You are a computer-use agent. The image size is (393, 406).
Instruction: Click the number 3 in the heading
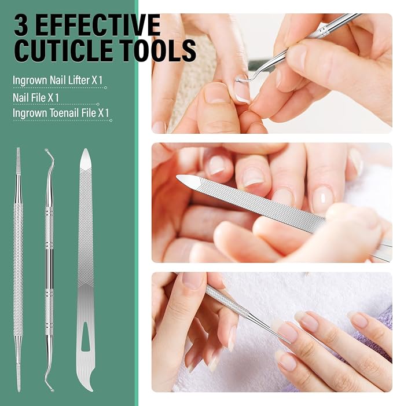coord(21,25)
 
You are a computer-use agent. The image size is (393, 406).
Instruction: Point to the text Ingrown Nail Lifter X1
coord(57,80)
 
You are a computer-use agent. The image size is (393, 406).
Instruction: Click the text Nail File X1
coord(36,98)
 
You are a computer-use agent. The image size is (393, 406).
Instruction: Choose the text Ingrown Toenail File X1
coord(61,113)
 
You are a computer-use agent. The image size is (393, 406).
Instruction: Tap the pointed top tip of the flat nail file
coord(86,149)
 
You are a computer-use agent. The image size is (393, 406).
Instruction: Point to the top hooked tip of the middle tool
coord(47,150)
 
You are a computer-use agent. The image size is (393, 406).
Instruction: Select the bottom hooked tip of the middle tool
coord(52,390)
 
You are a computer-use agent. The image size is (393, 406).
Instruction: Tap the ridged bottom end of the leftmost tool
coord(19,378)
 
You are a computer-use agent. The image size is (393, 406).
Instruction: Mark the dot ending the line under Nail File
coord(98,104)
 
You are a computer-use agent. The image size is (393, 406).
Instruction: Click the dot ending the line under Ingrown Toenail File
coord(111,120)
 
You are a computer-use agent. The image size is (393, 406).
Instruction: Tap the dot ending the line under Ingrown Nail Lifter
coord(105,88)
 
